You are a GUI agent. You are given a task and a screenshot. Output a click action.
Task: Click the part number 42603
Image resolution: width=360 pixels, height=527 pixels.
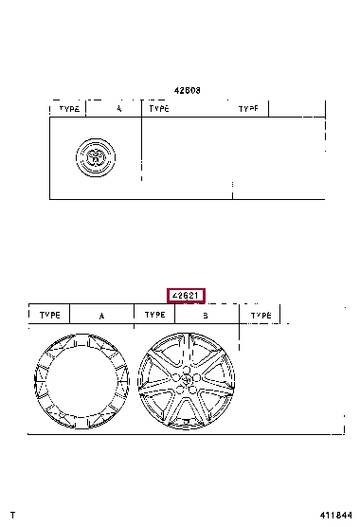[x=187, y=91]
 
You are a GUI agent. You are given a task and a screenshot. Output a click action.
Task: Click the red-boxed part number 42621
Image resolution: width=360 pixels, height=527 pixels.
[x=186, y=295]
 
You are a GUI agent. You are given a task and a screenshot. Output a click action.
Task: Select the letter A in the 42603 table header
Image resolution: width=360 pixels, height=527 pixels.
[x=119, y=109]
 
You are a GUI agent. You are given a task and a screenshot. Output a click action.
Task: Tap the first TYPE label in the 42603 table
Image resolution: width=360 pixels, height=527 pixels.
[x=70, y=109]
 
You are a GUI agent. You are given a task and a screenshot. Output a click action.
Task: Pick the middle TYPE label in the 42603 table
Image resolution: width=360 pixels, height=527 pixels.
[x=159, y=109]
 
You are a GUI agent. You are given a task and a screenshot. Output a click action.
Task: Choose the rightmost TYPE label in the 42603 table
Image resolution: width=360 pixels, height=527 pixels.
[x=248, y=109]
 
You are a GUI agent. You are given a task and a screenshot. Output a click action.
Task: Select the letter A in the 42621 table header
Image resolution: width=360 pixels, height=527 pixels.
[x=101, y=315]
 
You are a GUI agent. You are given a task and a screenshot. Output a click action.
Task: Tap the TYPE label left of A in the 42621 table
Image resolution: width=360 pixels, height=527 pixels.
[x=49, y=315]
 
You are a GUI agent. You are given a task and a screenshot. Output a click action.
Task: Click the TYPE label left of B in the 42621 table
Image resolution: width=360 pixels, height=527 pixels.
[x=153, y=315]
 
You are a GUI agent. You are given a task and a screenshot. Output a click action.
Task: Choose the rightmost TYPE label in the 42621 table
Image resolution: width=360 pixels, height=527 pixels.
[x=260, y=315]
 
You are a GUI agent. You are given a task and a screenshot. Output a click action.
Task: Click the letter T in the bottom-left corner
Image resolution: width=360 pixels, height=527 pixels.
[x=11, y=515]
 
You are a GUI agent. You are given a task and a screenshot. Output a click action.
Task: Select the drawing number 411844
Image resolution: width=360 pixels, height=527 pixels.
[x=338, y=515]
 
